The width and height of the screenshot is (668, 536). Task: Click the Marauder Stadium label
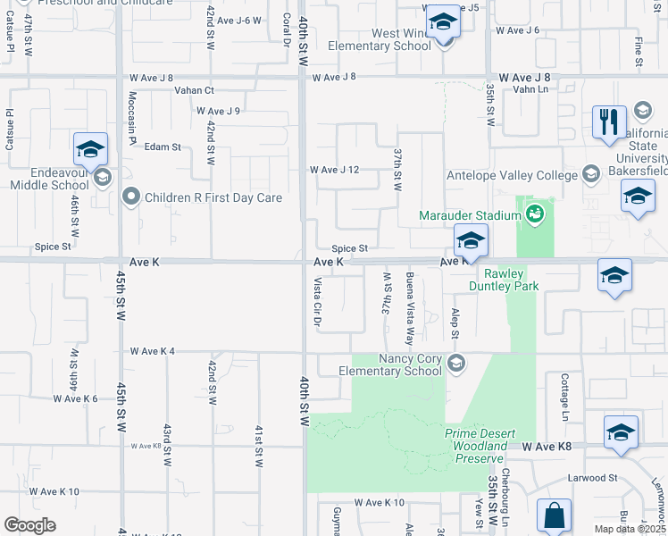[x=471, y=215]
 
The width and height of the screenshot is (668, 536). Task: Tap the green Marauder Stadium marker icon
[x=534, y=214]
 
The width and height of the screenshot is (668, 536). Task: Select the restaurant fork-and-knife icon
[x=610, y=121]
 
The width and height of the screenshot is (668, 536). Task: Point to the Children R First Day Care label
[x=215, y=197]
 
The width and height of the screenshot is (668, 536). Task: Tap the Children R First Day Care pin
[x=132, y=197]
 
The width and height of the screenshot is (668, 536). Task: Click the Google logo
[x=30, y=525]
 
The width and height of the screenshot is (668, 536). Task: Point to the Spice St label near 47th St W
[x=53, y=247]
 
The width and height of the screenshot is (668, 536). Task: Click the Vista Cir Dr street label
[x=317, y=302]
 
